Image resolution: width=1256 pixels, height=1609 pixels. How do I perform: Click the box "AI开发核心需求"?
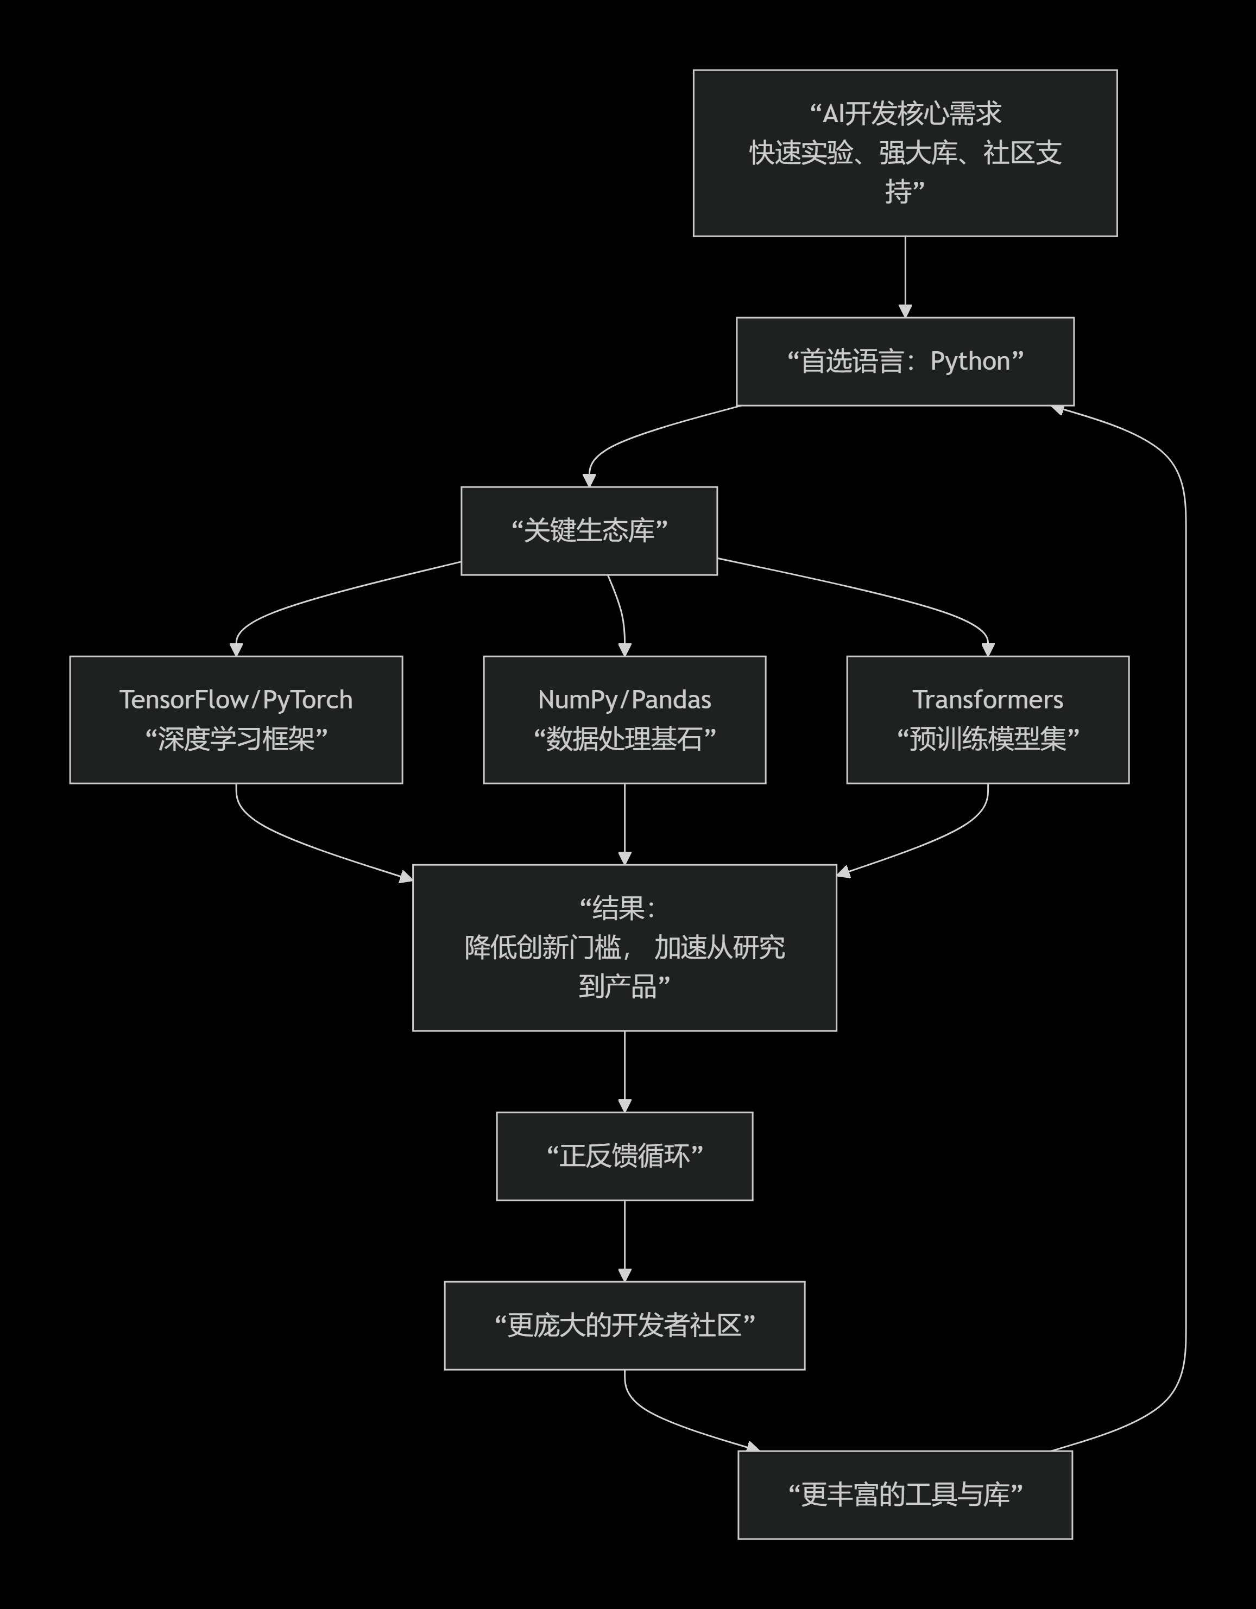(x=905, y=153)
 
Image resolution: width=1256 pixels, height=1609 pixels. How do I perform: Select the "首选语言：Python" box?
(x=905, y=362)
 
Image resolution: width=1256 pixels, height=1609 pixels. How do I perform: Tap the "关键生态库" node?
(x=589, y=530)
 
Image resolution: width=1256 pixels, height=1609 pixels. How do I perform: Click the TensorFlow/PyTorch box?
(x=236, y=720)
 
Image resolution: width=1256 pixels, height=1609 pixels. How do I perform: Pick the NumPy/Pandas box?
(x=624, y=720)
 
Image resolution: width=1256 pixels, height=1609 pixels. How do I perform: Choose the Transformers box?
(x=988, y=720)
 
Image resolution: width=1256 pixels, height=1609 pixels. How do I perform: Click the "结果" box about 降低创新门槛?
(x=624, y=947)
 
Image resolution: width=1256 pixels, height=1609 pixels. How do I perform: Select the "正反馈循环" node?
(x=624, y=1156)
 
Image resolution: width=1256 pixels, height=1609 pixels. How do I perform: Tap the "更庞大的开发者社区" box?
(x=624, y=1326)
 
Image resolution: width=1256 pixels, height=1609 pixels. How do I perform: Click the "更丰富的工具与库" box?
(x=905, y=1495)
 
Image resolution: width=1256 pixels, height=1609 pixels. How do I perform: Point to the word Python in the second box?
(x=970, y=362)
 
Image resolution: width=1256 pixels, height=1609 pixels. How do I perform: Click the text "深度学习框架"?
(x=236, y=739)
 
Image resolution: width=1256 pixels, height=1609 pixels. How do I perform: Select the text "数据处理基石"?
(x=624, y=739)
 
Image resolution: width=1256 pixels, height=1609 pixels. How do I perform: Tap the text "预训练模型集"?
(x=988, y=739)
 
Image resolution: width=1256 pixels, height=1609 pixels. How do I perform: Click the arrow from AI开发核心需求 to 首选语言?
(x=905, y=276)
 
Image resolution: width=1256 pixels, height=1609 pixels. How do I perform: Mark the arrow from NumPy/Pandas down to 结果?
(x=624, y=823)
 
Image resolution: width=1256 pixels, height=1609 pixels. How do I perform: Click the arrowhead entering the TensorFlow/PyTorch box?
(x=236, y=649)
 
